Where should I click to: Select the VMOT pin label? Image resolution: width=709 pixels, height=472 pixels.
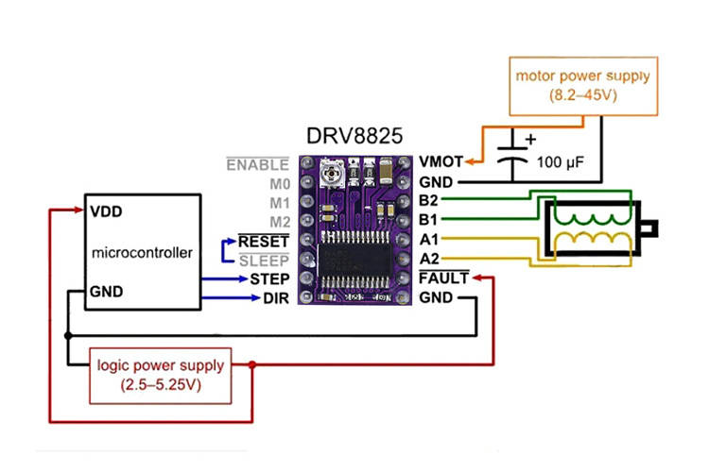[441, 163]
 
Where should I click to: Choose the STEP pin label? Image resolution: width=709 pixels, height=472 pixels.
[269, 279]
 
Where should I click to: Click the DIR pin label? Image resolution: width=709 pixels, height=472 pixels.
[275, 298]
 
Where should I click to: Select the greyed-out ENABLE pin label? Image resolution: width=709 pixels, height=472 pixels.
[256, 164]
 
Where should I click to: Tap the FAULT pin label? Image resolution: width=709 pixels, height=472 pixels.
[442, 278]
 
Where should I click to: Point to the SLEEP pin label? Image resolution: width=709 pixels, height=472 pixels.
[264, 261]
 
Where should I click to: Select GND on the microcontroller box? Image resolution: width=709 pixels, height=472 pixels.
[105, 293]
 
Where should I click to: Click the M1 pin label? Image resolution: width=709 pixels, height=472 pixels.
[277, 202]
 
